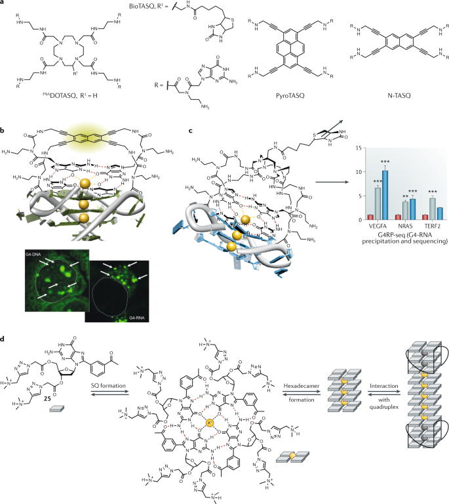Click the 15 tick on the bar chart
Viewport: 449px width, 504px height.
361,148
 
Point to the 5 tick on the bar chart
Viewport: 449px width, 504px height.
362,196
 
